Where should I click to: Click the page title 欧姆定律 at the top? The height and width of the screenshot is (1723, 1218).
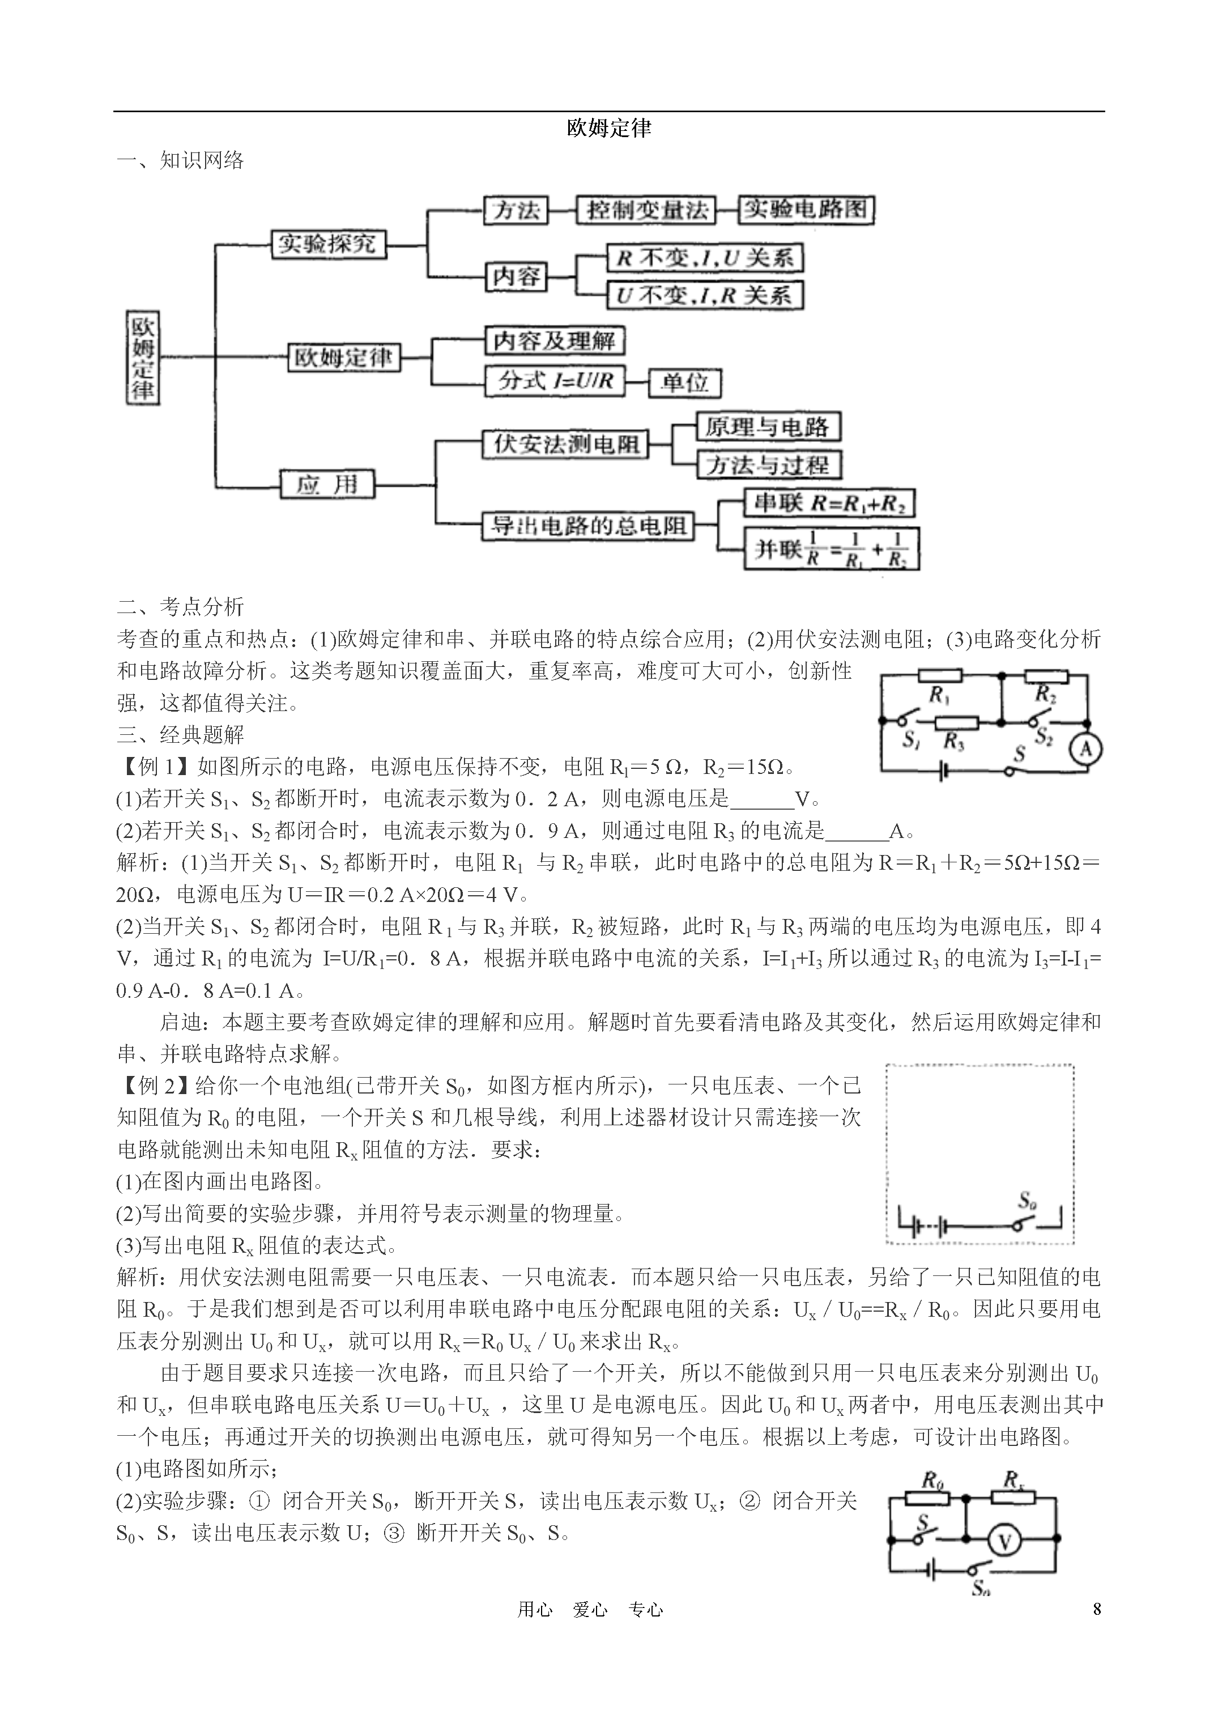tap(608, 128)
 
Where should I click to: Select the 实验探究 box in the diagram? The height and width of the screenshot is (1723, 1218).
tap(329, 244)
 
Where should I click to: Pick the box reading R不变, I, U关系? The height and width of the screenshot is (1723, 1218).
tap(705, 258)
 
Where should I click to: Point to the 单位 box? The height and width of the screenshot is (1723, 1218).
tap(684, 382)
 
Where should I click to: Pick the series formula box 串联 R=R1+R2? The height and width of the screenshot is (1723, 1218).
tap(829, 503)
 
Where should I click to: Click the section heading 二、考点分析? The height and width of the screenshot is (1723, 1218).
tap(181, 606)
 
